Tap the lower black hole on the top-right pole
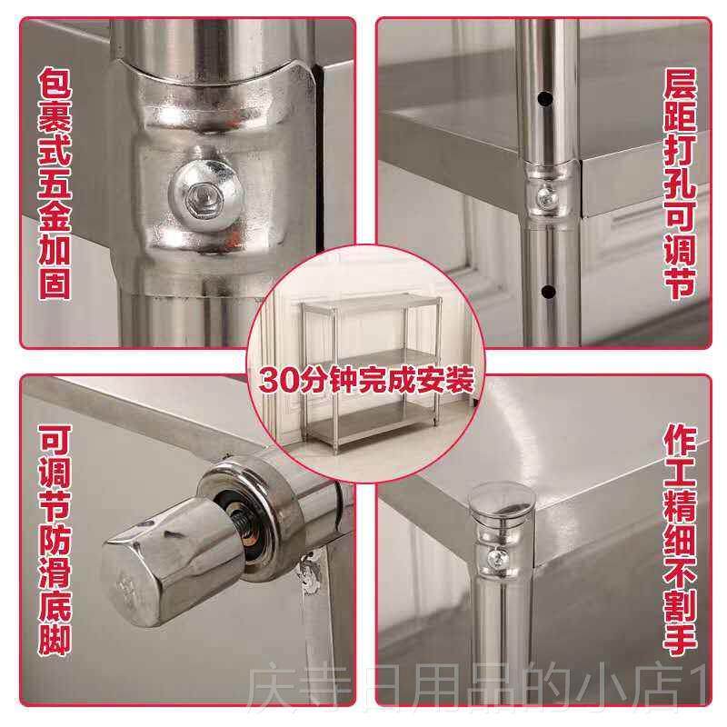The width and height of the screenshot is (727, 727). pyautogui.click(x=546, y=291)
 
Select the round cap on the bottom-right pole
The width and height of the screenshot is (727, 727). pyautogui.click(x=496, y=501)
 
